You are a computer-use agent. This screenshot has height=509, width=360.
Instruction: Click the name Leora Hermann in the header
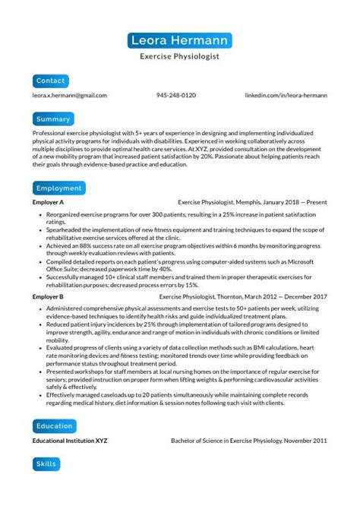tap(180, 40)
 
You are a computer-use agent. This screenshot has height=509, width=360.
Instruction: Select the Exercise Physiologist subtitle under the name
tap(180, 56)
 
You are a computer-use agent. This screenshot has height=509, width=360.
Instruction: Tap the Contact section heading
tap(51, 81)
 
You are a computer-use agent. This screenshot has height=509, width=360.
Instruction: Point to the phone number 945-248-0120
tap(176, 96)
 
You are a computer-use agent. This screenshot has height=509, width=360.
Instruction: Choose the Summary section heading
tap(53, 119)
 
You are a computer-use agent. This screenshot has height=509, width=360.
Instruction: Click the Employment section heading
tap(58, 188)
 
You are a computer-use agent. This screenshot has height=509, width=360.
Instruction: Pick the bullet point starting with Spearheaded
tap(182, 229)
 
